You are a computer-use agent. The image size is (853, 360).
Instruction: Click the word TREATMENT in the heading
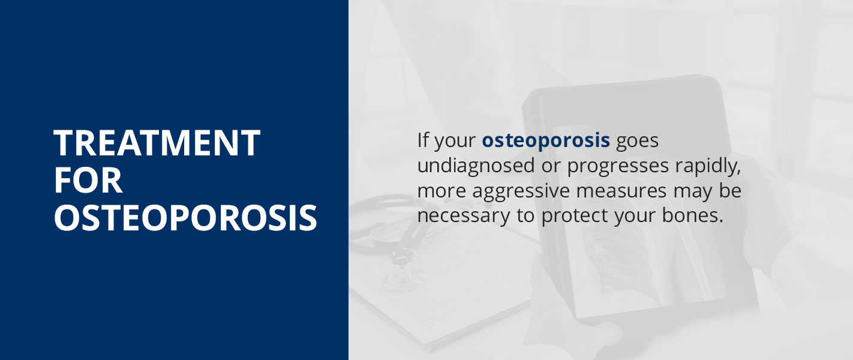pos(157,143)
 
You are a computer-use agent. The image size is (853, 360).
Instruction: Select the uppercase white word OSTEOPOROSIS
pos(185,218)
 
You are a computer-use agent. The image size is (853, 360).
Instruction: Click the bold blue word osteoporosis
pos(546,141)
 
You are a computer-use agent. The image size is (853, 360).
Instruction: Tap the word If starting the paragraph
pos(423,141)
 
